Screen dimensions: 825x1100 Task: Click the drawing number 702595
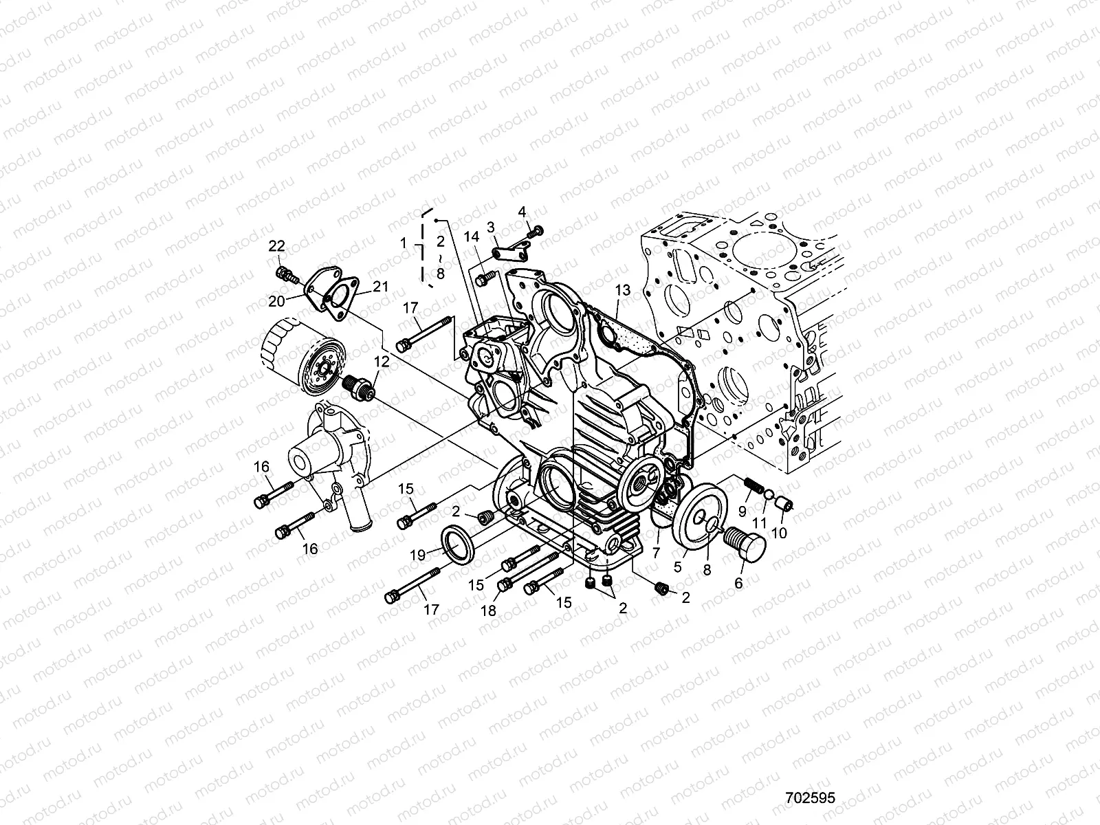tap(810, 741)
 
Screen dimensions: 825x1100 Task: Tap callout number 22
tap(276, 246)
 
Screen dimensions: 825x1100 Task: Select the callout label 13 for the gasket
tap(622, 291)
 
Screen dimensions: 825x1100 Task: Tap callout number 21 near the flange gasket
tap(382, 287)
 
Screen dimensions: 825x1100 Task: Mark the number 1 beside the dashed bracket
tap(405, 243)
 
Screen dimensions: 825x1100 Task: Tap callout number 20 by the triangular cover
tap(276, 300)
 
